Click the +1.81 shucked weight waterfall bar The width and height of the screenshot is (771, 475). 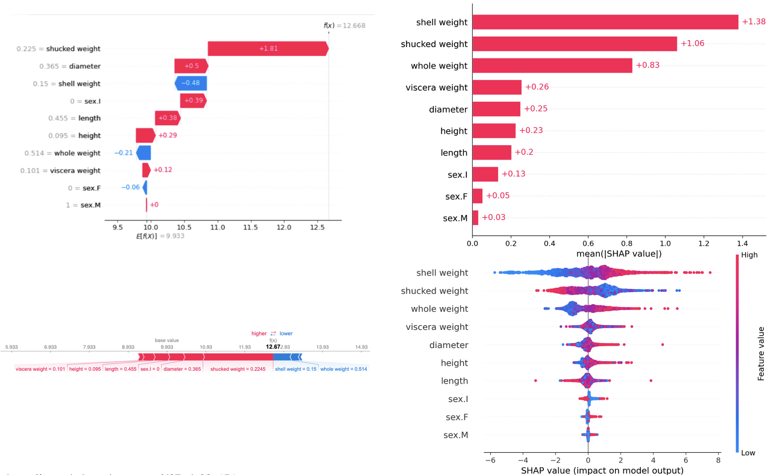(268, 49)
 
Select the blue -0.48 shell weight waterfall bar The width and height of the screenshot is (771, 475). (191, 84)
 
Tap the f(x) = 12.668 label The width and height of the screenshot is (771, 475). (344, 25)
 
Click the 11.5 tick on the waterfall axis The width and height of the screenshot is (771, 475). (251, 227)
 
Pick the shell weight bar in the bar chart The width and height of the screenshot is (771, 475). (605, 22)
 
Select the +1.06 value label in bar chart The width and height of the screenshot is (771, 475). (692, 44)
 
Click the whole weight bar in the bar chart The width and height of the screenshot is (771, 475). (552, 66)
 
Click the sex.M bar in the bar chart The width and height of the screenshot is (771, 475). (475, 217)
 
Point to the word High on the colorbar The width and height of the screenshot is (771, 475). (749, 255)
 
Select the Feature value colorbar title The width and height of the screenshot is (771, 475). (761, 353)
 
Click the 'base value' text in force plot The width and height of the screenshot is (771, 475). (167, 340)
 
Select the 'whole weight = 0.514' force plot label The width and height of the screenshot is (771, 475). (343, 369)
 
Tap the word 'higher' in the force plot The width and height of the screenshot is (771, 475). (259, 333)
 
